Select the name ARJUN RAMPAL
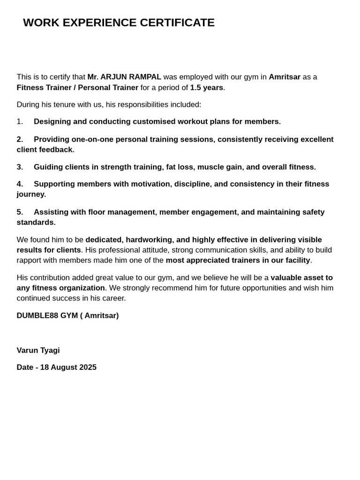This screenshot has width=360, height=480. coord(131,77)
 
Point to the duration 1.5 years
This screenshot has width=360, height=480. coord(206,88)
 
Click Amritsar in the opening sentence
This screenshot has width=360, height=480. coord(285,77)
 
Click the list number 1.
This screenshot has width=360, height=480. coord(20,122)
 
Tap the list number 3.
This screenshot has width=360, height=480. coord(20,167)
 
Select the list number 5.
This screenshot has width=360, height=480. coord(20,212)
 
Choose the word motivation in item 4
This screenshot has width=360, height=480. coord(150,184)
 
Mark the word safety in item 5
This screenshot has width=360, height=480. coord(313,212)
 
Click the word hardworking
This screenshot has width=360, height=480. coord(148,240)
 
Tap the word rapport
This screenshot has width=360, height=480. coord(30,261)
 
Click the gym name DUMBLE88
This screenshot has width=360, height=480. coord(37,316)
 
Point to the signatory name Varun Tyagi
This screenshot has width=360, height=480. coord(38,351)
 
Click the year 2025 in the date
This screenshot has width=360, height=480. coord(88,367)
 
